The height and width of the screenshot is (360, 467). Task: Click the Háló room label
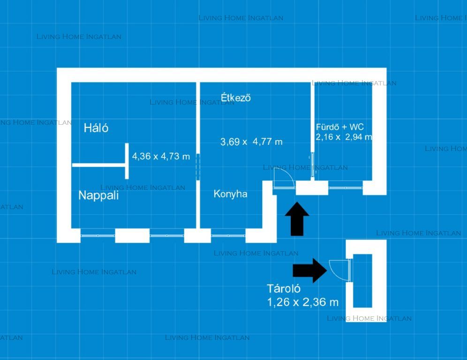click(x=96, y=128)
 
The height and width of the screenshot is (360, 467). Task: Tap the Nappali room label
click(x=98, y=195)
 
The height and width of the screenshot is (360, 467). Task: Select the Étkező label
click(x=235, y=97)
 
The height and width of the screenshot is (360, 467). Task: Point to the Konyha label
click(x=231, y=194)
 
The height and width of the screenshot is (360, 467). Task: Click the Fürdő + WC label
click(x=340, y=127)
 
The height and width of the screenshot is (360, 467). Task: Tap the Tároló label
click(x=284, y=289)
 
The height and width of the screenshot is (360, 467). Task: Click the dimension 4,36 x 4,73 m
click(x=161, y=156)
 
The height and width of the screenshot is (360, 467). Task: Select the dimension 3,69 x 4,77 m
click(x=251, y=142)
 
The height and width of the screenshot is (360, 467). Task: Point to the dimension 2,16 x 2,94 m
click(x=344, y=137)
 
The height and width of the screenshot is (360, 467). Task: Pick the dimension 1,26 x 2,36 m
click(x=303, y=302)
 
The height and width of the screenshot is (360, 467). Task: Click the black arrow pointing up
click(x=297, y=219)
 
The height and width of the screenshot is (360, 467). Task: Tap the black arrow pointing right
click(x=310, y=270)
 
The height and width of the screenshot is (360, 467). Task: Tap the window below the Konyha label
click(x=228, y=236)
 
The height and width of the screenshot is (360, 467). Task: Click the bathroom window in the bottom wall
click(x=346, y=188)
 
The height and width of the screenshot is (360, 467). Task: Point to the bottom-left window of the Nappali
click(x=98, y=236)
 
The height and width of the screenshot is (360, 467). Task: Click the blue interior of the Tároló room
click(x=362, y=281)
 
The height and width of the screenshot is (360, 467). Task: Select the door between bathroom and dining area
click(x=312, y=167)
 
